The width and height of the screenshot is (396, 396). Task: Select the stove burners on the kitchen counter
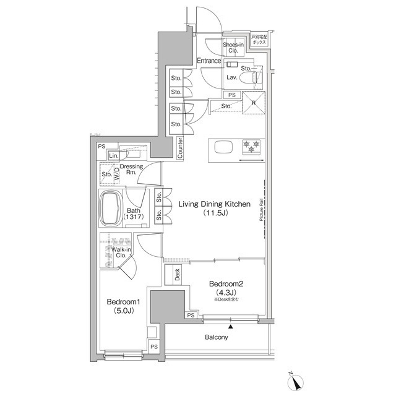[x=252, y=146]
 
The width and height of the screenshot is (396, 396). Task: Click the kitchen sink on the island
[x=223, y=147]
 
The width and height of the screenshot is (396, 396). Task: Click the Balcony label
[x=217, y=337]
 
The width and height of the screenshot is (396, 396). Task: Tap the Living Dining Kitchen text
[x=214, y=203]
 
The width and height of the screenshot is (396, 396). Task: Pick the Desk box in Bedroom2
[x=176, y=275]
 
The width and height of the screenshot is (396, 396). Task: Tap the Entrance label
[x=209, y=61]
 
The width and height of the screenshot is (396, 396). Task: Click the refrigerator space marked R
[x=253, y=103]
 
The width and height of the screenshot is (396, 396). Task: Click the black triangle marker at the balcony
[x=231, y=325]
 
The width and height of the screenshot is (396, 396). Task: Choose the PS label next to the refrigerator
[x=231, y=95]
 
